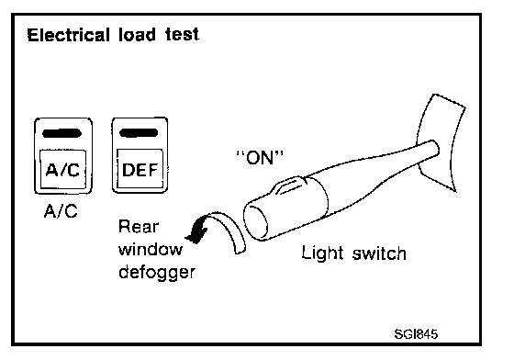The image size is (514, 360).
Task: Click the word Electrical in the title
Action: click(x=68, y=35)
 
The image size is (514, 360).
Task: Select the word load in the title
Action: click(x=137, y=35)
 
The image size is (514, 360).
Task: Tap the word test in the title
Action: click(x=182, y=35)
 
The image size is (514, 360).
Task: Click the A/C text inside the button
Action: click(x=62, y=170)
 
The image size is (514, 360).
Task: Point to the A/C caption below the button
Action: click(x=61, y=211)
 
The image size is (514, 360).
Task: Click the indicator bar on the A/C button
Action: click(x=62, y=133)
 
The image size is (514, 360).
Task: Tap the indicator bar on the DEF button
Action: click(x=139, y=133)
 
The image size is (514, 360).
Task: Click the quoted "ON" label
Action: click(x=260, y=157)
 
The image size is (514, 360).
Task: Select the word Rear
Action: click(x=139, y=227)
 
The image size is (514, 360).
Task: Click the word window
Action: click(x=151, y=250)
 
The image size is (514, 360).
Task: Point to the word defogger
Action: click(x=157, y=273)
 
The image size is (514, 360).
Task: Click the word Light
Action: click(x=322, y=253)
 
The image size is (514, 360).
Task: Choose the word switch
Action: click(x=379, y=253)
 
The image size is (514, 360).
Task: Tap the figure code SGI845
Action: click(x=416, y=334)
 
